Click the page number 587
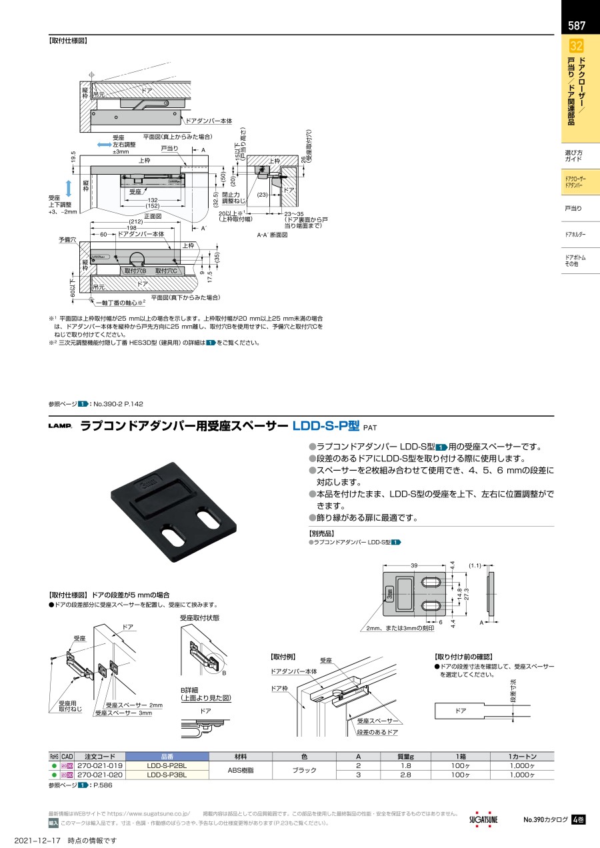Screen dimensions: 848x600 577,26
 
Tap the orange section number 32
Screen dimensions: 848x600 577,46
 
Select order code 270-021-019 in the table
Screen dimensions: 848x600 100,766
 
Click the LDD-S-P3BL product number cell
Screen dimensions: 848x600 167,775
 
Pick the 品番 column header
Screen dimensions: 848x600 167,757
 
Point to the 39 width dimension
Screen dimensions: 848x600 413,565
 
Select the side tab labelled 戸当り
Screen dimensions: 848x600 573,209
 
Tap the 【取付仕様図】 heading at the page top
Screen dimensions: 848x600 68,40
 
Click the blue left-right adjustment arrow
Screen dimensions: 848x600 104,145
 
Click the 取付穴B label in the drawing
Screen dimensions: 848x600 135,271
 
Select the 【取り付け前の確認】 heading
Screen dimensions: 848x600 463,657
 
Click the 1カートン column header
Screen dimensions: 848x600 522,757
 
